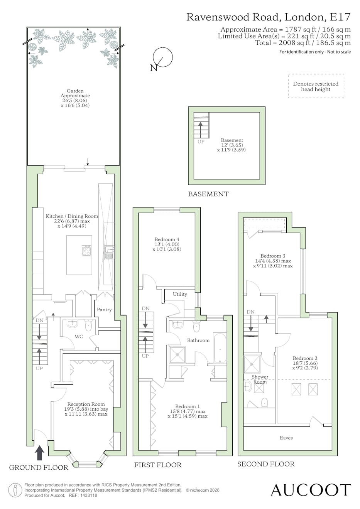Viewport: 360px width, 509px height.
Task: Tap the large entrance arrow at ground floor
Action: click(x=40, y=453)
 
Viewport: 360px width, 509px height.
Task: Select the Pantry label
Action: click(x=104, y=310)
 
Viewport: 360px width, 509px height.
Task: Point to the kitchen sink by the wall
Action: click(x=109, y=253)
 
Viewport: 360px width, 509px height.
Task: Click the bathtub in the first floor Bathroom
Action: click(x=220, y=347)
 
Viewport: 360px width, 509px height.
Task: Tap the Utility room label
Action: click(x=180, y=294)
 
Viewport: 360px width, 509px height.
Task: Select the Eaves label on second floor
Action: click(x=286, y=438)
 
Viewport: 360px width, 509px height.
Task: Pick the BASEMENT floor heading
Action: click(x=208, y=194)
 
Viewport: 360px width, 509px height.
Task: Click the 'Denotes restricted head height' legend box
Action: click(x=316, y=86)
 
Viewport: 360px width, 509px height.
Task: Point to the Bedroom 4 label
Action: click(x=167, y=239)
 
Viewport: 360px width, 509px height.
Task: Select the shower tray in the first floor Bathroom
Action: click(x=177, y=354)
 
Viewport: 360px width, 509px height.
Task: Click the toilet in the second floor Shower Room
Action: click(x=264, y=402)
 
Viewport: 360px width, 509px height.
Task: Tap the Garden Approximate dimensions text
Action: click(x=75, y=98)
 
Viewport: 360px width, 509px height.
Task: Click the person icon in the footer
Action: click(x=15, y=490)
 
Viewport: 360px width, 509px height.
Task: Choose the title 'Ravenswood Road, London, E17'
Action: click(x=268, y=17)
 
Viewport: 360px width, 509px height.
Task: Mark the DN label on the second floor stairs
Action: click(x=250, y=312)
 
